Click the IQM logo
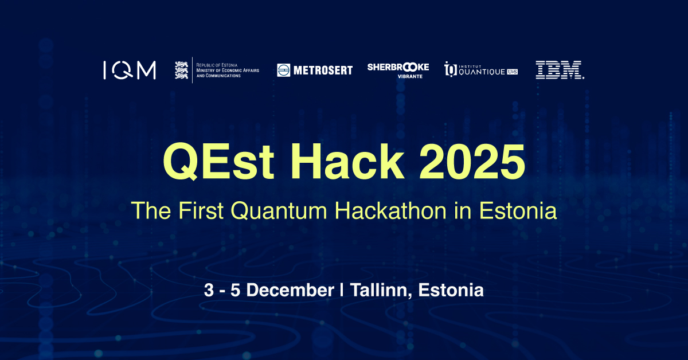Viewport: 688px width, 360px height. pos(130,71)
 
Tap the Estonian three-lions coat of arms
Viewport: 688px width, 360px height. pos(181,70)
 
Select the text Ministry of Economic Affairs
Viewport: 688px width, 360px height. pos(228,71)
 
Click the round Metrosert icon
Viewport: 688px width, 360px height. pos(283,71)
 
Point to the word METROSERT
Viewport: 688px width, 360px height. pos(323,71)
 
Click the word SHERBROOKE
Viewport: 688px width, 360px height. pos(398,67)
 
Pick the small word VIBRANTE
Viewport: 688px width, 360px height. pos(410,76)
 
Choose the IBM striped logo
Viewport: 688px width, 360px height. pos(560,70)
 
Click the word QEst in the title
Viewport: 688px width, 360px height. pos(218,161)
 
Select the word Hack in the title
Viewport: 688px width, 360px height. pos(347,161)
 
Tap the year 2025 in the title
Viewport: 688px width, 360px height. pos(472,162)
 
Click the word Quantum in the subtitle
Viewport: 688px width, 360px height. pos(279,211)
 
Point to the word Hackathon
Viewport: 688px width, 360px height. pos(390,210)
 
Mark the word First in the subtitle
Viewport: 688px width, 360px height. pos(201,210)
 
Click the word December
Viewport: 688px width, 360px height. pos(290,290)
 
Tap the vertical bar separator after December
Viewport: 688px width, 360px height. pos(342,290)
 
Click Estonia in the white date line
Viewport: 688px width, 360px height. pos(451,290)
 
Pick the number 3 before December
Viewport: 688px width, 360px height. pos(209,290)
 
